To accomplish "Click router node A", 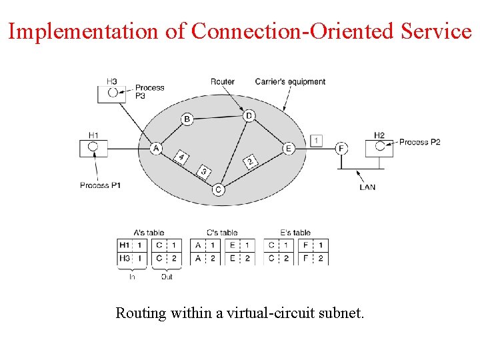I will point(156,148).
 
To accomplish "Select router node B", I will point(187,119).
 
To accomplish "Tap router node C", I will point(218,190).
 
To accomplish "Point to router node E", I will point(288,148).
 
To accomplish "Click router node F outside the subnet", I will point(341,148).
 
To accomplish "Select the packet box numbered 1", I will point(317,141).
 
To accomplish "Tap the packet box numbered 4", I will point(181,157).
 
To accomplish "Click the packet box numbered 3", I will point(204,172).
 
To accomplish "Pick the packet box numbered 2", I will point(249,162).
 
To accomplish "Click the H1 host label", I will point(93,135).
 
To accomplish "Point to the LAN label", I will point(367,187).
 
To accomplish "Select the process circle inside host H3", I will point(113,92).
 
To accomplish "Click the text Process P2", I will point(420,142).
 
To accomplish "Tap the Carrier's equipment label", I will point(290,82).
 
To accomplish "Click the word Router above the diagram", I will point(223,82).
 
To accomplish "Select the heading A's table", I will point(148,233).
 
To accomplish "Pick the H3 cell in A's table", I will point(124,258).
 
